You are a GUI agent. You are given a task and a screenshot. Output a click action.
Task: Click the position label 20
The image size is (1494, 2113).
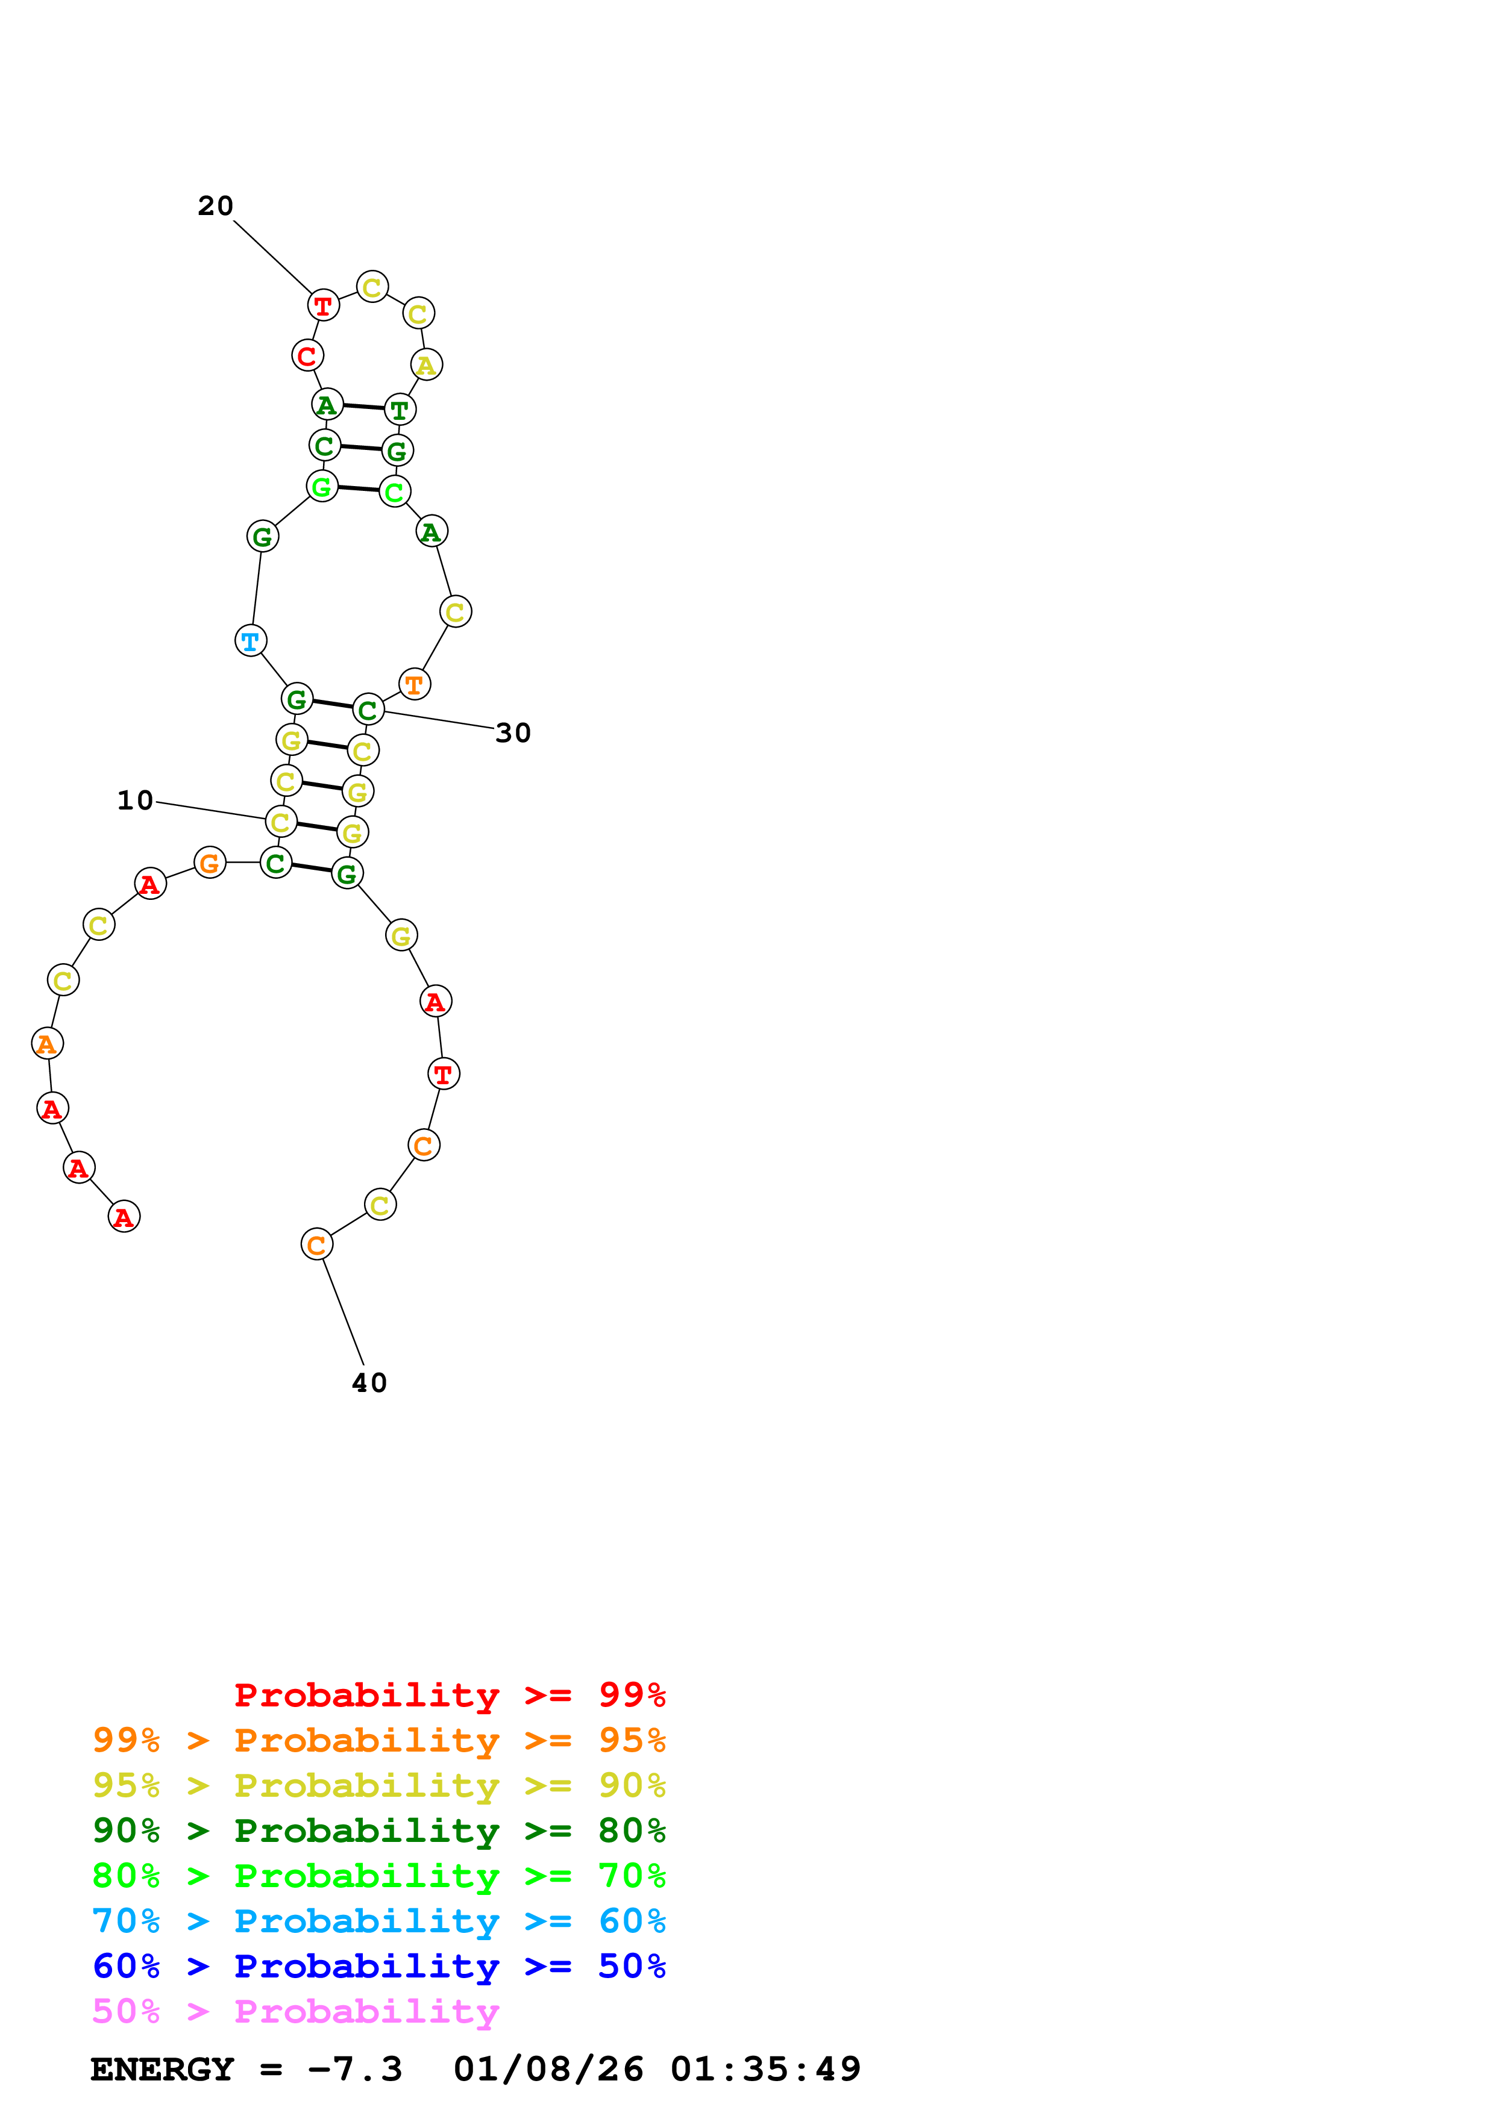[215, 206]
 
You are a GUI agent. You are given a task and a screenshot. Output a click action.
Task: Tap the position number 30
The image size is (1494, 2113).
[513, 734]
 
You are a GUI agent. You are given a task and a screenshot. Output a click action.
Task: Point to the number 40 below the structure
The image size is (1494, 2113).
[369, 1383]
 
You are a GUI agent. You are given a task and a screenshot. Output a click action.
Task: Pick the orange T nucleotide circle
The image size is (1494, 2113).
[414, 685]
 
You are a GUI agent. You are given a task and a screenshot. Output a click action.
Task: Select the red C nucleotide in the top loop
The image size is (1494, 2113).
[307, 355]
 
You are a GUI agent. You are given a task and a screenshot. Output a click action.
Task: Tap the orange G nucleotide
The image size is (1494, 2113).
[210, 863]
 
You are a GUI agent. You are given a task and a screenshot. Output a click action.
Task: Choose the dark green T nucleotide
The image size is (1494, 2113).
[400, 410]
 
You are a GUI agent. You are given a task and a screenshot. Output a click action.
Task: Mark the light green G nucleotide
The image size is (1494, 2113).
[321, 486]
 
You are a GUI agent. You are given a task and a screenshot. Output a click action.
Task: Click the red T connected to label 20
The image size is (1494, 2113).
[323, 305]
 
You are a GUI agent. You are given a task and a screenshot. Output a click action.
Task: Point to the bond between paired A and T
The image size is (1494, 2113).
[363, 406]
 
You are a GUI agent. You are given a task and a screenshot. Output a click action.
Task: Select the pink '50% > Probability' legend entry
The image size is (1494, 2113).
[295, 2012]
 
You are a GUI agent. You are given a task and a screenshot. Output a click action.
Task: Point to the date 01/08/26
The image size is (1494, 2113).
[548, 2070]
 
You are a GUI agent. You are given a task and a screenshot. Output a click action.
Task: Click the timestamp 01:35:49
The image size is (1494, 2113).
[765, 2070]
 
